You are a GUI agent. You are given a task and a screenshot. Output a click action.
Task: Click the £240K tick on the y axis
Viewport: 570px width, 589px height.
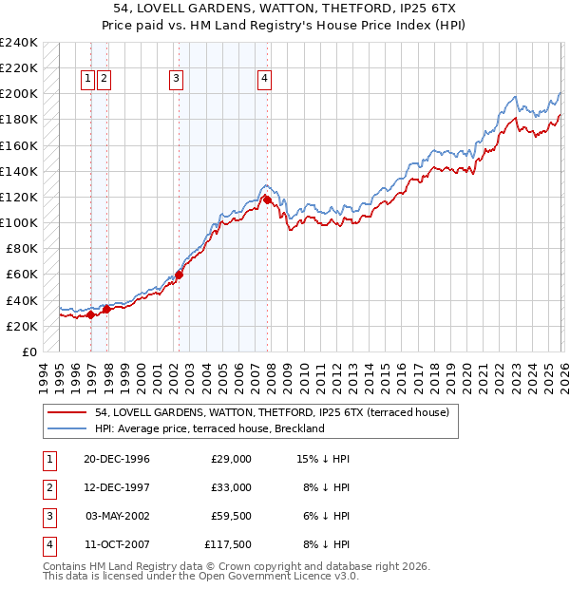pos(19,43)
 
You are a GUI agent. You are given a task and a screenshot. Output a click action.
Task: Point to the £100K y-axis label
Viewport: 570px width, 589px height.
pos(19,222)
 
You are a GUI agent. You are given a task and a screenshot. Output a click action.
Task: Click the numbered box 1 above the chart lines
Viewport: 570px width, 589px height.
pos(87,80)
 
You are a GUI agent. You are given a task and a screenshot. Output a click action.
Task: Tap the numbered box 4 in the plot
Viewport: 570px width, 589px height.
pos(263,80)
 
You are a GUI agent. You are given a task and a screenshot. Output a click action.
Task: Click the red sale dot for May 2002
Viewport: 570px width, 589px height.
pos(179,275)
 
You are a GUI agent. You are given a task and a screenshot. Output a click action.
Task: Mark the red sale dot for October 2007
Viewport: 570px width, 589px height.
pos(268,200)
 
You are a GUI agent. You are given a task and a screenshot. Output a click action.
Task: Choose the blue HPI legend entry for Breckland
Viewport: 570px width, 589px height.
pos(209,428)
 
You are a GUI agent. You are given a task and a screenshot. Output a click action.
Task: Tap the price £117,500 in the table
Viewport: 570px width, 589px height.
pos(228,544)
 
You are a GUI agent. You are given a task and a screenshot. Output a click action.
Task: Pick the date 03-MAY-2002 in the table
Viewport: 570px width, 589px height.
pos(118,516)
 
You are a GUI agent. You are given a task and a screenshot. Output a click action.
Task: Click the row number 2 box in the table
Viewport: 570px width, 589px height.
pos(48,487)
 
